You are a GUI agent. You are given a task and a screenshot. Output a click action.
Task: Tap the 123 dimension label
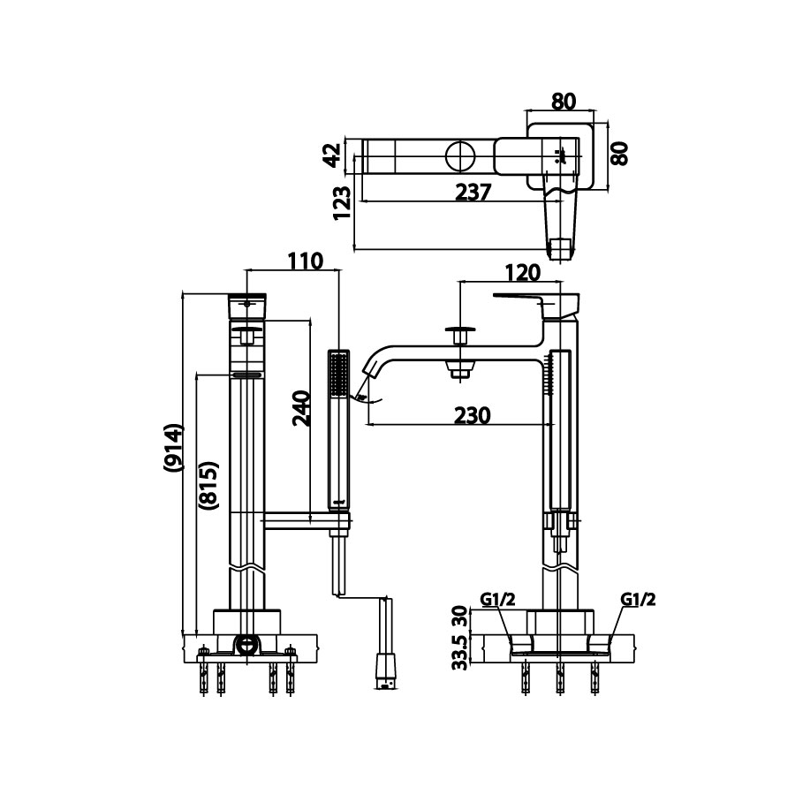coord(343,203)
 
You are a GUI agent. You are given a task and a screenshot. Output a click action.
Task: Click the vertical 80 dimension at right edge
coord(618,152)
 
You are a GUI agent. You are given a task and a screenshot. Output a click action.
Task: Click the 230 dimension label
coord(473,414)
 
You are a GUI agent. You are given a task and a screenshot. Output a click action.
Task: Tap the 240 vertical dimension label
coord(300,408)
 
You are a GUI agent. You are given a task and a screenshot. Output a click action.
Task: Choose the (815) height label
coord(208,484)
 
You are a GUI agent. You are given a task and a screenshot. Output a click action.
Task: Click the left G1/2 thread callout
coord(498,601)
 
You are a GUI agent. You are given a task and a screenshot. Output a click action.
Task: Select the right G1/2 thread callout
coord(638,601)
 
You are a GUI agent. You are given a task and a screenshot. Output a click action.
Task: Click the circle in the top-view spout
coord(460,157)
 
